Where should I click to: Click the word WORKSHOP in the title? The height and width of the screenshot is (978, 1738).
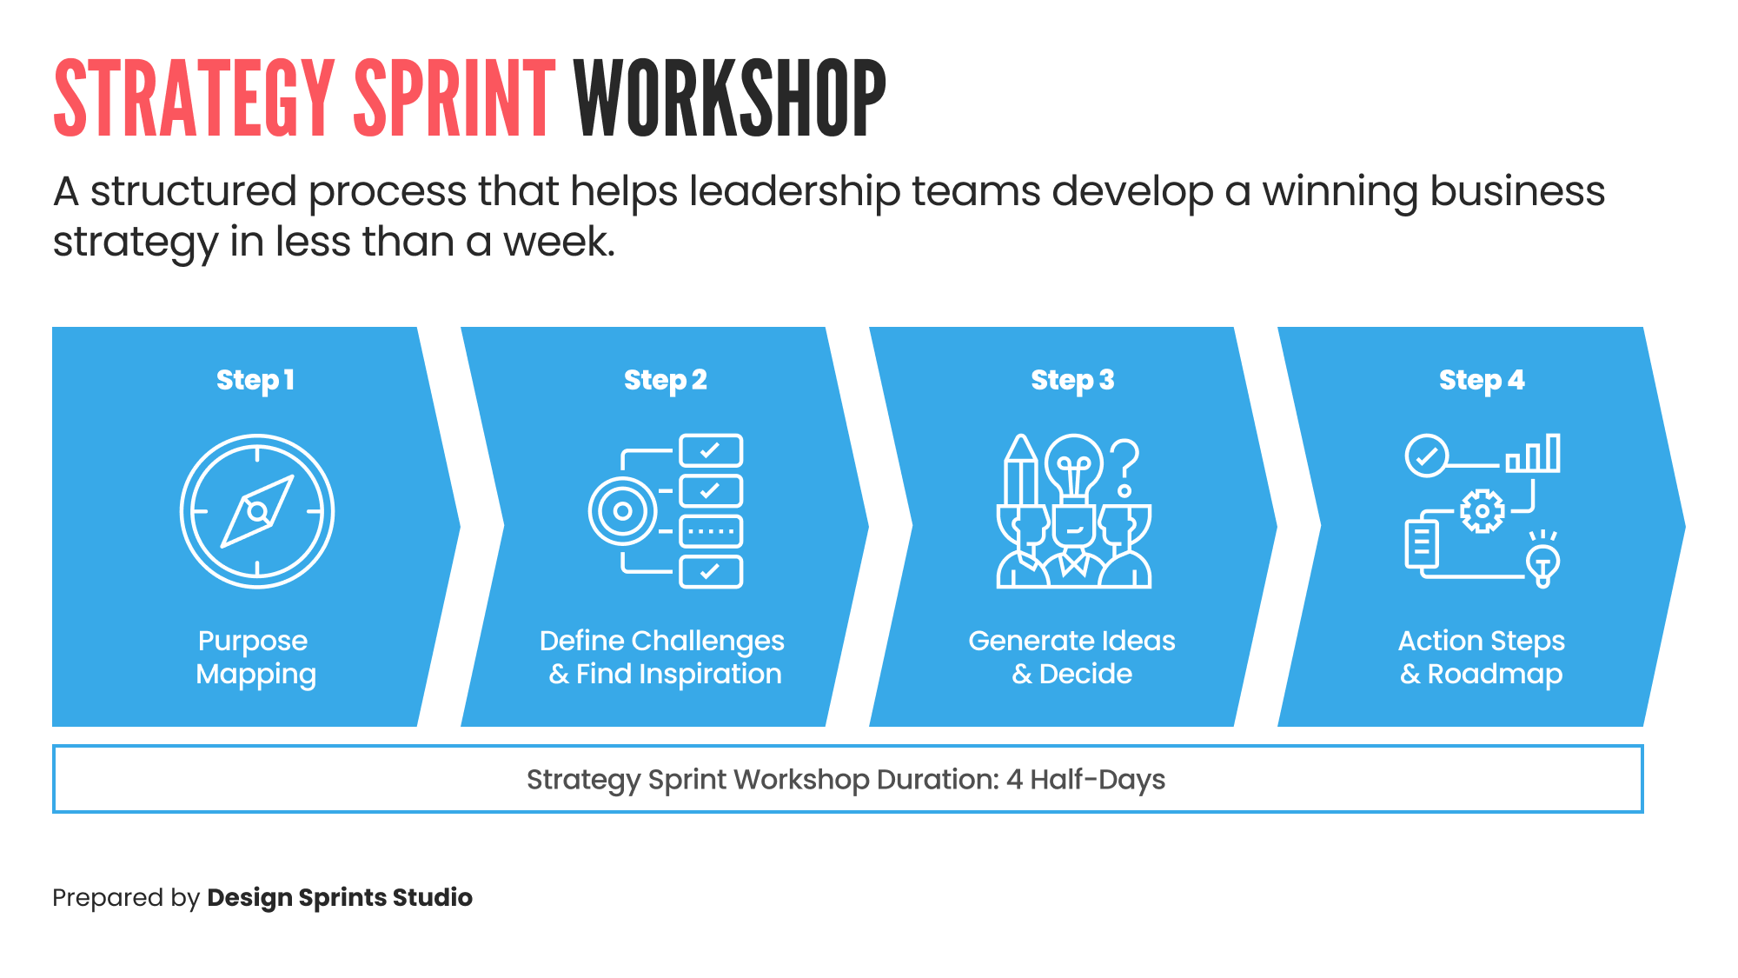coord(730,98)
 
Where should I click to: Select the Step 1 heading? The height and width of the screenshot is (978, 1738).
coord(255,380)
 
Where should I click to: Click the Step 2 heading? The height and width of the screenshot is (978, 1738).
coord(665,380)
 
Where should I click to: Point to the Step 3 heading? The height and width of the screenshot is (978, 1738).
coord(1072,380)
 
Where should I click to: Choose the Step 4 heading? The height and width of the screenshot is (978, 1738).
coord(1481,380)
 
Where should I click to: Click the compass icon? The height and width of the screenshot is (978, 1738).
coord(257,511)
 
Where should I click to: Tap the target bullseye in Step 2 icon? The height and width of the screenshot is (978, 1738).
coord(622,511)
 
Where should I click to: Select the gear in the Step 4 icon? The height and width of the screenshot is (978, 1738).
coord(1482,511)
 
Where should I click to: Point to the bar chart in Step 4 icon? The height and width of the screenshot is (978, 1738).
coord(1534,454)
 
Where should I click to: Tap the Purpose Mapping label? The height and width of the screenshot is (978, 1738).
coord(255,657)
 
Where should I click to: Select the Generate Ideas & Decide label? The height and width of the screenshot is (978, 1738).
coord(1072,657)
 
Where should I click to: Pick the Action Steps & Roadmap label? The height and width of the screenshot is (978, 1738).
coord(1481,657)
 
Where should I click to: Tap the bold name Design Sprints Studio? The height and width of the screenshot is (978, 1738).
coord(340,897)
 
